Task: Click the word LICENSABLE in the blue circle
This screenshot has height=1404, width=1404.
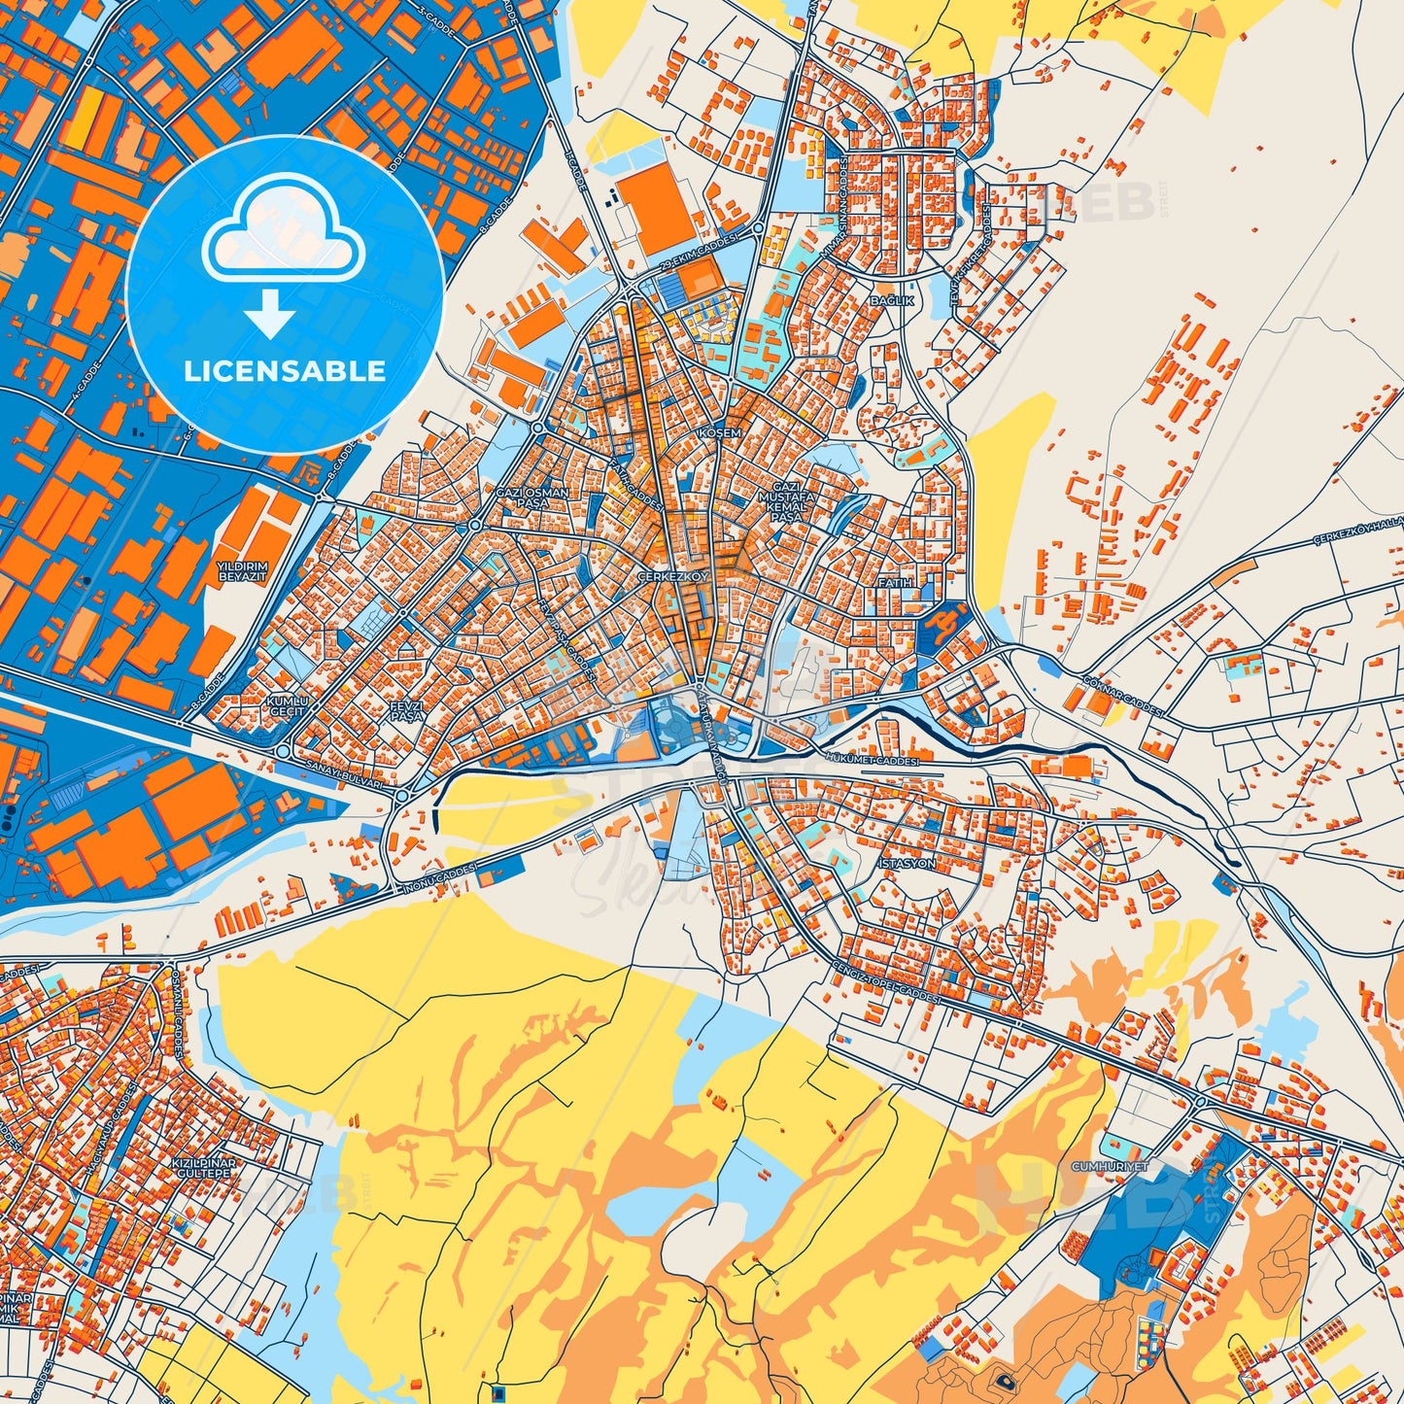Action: (285, 371)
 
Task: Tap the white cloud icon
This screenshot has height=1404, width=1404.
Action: (283, 238)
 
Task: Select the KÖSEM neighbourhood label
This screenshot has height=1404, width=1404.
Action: (720, 432)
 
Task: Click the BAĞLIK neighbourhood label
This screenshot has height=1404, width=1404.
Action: (891, 301)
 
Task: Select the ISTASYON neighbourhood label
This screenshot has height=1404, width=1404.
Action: (906, 863)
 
